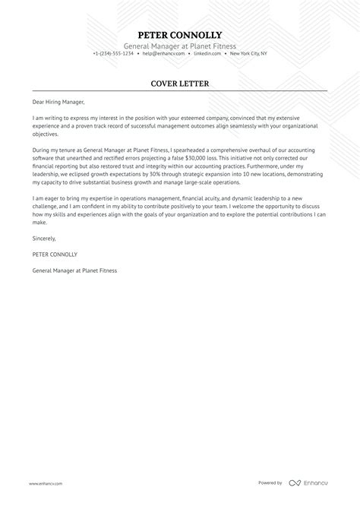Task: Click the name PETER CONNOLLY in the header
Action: (x=180, y=35)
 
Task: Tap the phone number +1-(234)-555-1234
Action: (x=113, y=54)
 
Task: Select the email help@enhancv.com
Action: (x=161, y=54)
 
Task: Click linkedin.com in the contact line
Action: (x=207, y=54)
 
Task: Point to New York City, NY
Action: (x=248, y=54)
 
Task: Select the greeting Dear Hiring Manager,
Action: (x=58, y=101)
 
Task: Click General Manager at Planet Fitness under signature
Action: (x=75, y=270)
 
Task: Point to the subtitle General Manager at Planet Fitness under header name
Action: (x=180, y=46)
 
